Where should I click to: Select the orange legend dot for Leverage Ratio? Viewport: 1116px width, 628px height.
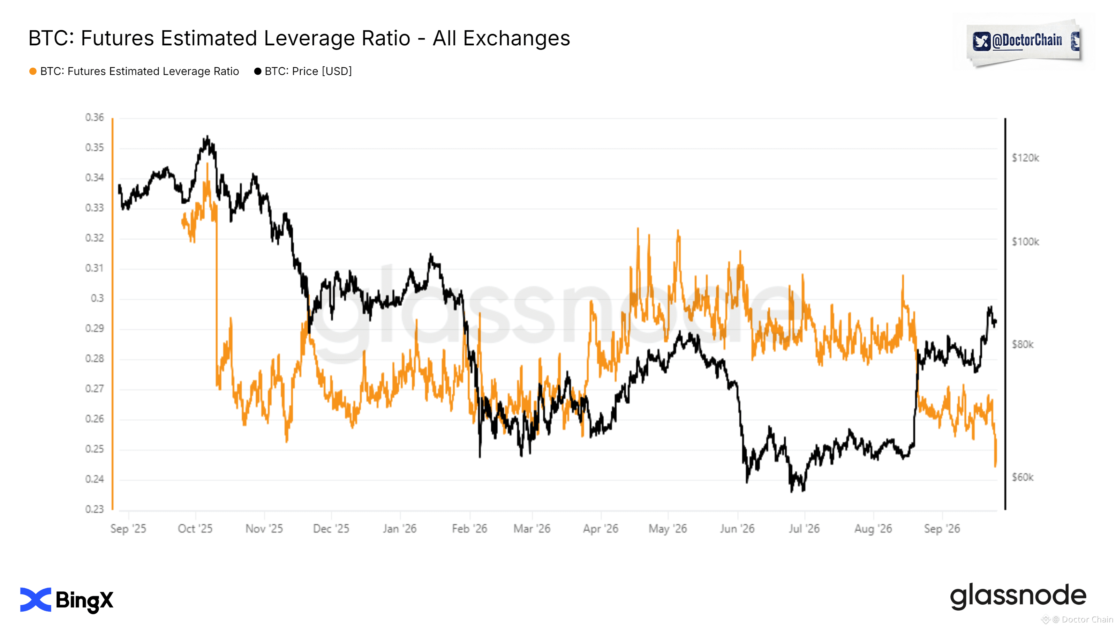(x=33, y=71)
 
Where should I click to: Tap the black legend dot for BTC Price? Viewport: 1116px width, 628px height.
(x=258, y=71)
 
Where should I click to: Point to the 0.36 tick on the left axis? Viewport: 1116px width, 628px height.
(x=95, y=118)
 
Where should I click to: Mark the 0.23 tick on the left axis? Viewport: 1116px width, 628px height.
(x=95, y=509)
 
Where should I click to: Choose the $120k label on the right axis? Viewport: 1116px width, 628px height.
(x=1025, y=158)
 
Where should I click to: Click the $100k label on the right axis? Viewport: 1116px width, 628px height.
(x=1025, y=242)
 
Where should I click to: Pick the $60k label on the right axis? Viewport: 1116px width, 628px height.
(x=1023, y=477)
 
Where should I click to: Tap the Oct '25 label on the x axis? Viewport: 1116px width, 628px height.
(x=195, y=529)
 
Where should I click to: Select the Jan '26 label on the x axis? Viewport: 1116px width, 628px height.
(x=399, y=529)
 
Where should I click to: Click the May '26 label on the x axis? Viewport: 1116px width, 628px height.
(x=668, y=529)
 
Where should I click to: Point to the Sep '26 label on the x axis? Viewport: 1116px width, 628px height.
(x=942, y=529)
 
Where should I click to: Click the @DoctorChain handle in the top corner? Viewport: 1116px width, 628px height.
(x=1027, y=41)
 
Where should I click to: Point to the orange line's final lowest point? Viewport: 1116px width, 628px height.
(x=996, y=466)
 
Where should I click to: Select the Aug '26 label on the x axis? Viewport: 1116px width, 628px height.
(x=873, y=529)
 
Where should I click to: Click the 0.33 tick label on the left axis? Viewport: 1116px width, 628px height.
(x=95, y=208)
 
